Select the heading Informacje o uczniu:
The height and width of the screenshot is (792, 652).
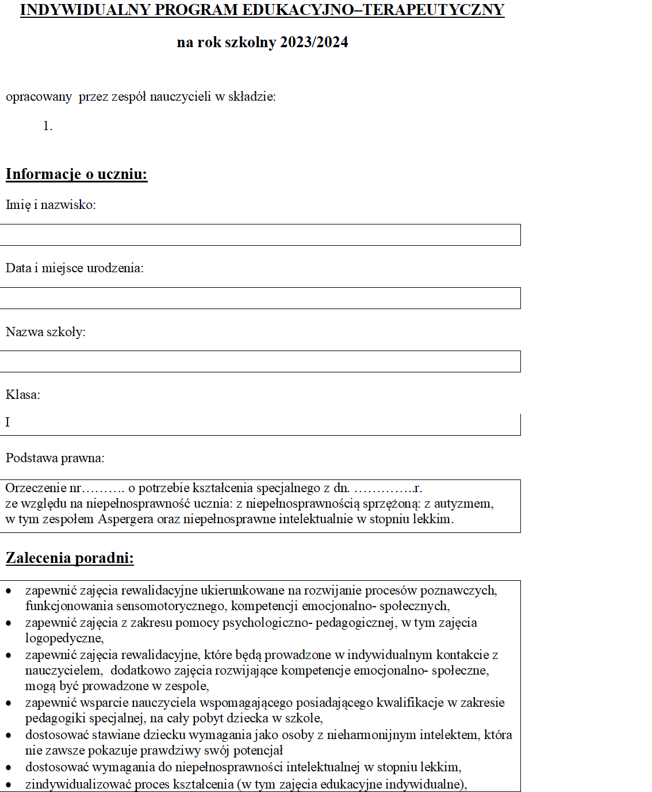coord(76,174)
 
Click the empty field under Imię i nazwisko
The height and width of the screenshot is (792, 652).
coord(260,235)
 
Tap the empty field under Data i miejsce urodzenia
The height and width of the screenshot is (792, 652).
coord(260,298)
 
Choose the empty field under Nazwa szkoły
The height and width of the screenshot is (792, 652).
coord(260,361)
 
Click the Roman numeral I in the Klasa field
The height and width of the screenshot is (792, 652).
coord(8,422)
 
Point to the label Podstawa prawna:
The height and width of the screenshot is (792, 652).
coord(55,458)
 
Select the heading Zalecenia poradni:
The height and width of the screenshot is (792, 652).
coord(70,558)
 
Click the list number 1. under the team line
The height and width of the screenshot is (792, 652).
coord(48,126)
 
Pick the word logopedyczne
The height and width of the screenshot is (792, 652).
coord(64,638)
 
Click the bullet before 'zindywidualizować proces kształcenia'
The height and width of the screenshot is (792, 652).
coord(8,785)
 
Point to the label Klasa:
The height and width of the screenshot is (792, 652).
coord(23,395)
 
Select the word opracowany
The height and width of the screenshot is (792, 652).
coord(39,97)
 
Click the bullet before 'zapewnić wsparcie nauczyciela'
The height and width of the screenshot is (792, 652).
coord(8,703)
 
